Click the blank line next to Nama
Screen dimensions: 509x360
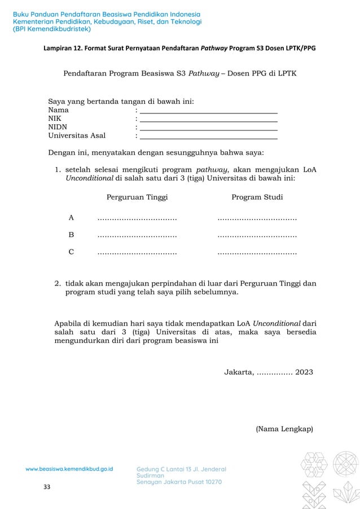[x=209, y=111]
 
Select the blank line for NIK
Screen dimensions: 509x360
[x=209, y=120]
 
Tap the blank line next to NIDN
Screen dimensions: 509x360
[x=209, y=128]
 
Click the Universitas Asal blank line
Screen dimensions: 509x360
[x=209, y=137]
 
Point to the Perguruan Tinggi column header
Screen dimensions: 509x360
[x=137, y=198]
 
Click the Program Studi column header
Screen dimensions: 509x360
[x=257, y=198]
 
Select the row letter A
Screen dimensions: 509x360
[x=71, y=217]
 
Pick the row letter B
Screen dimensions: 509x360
[x=71, y=235]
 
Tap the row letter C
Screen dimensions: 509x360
[x=71, y=252]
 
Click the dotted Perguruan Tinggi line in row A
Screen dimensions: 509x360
[x=137, y=218]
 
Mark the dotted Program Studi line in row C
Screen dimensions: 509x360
[x=257, y=253]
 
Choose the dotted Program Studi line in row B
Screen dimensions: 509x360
[x=257, y=236]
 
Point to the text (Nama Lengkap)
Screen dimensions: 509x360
[x=284, y=429]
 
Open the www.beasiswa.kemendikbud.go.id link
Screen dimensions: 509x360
[x=69, y=469]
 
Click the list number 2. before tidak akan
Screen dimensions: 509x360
[x=58, y=283]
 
